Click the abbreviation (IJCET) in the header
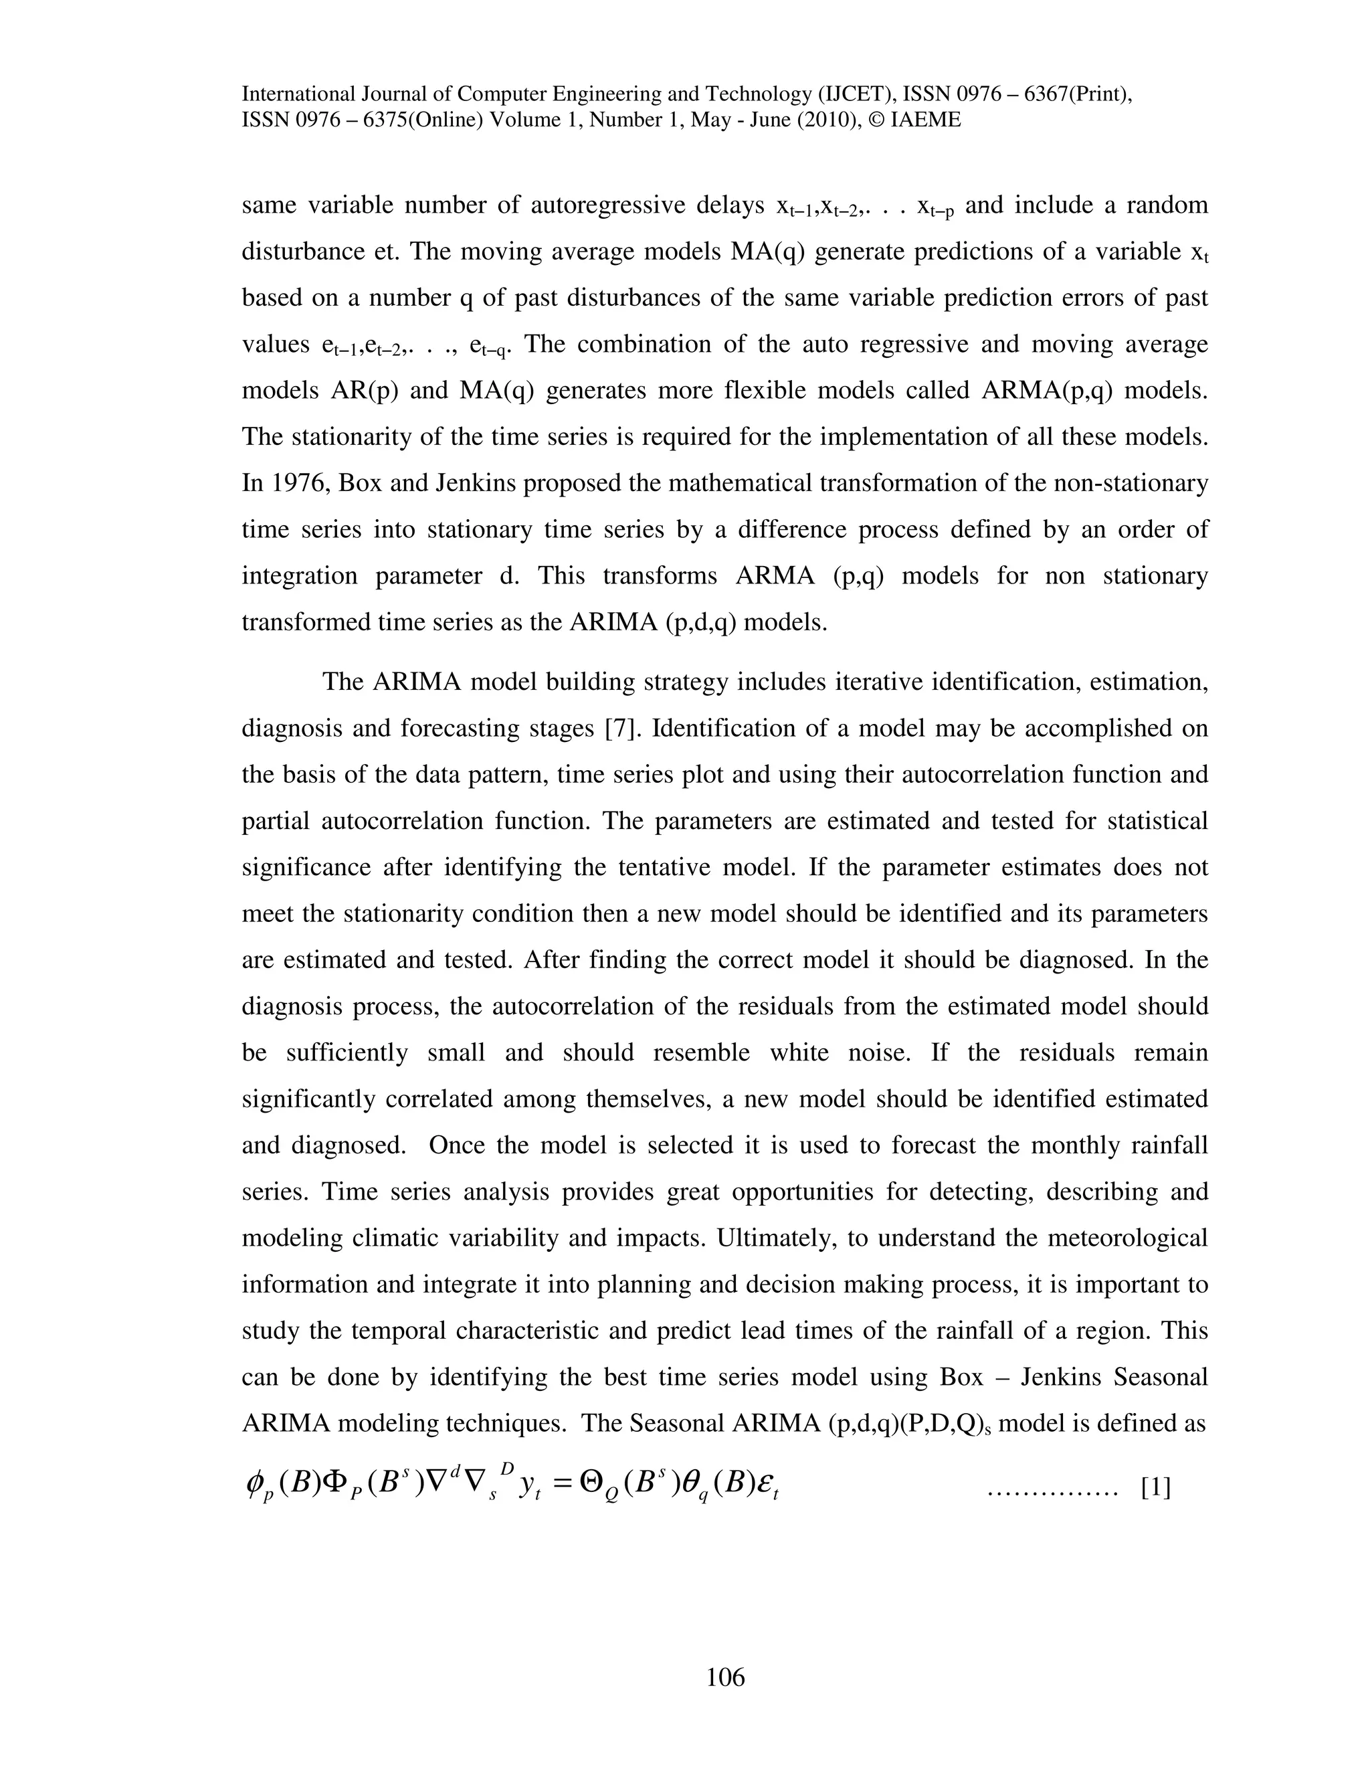[x=850, y=94]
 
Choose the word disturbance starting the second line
[x=303, y=252]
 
